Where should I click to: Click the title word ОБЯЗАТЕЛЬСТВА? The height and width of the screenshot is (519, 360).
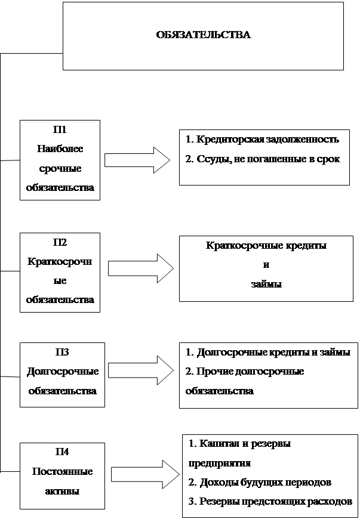(203, 35)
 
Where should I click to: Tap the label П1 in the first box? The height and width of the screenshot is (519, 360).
(60, 129)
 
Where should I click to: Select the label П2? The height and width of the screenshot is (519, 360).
(60, 242)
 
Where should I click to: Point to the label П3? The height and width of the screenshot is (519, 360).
(61, 352)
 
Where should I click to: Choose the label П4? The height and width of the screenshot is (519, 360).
(61, 452)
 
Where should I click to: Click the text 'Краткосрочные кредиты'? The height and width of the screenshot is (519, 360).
(266, 245)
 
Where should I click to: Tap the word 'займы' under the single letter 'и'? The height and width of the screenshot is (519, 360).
(266, 285)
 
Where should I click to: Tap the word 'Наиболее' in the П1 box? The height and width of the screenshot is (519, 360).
(60, 149)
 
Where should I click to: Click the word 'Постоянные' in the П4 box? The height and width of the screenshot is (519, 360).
(62, 472)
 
